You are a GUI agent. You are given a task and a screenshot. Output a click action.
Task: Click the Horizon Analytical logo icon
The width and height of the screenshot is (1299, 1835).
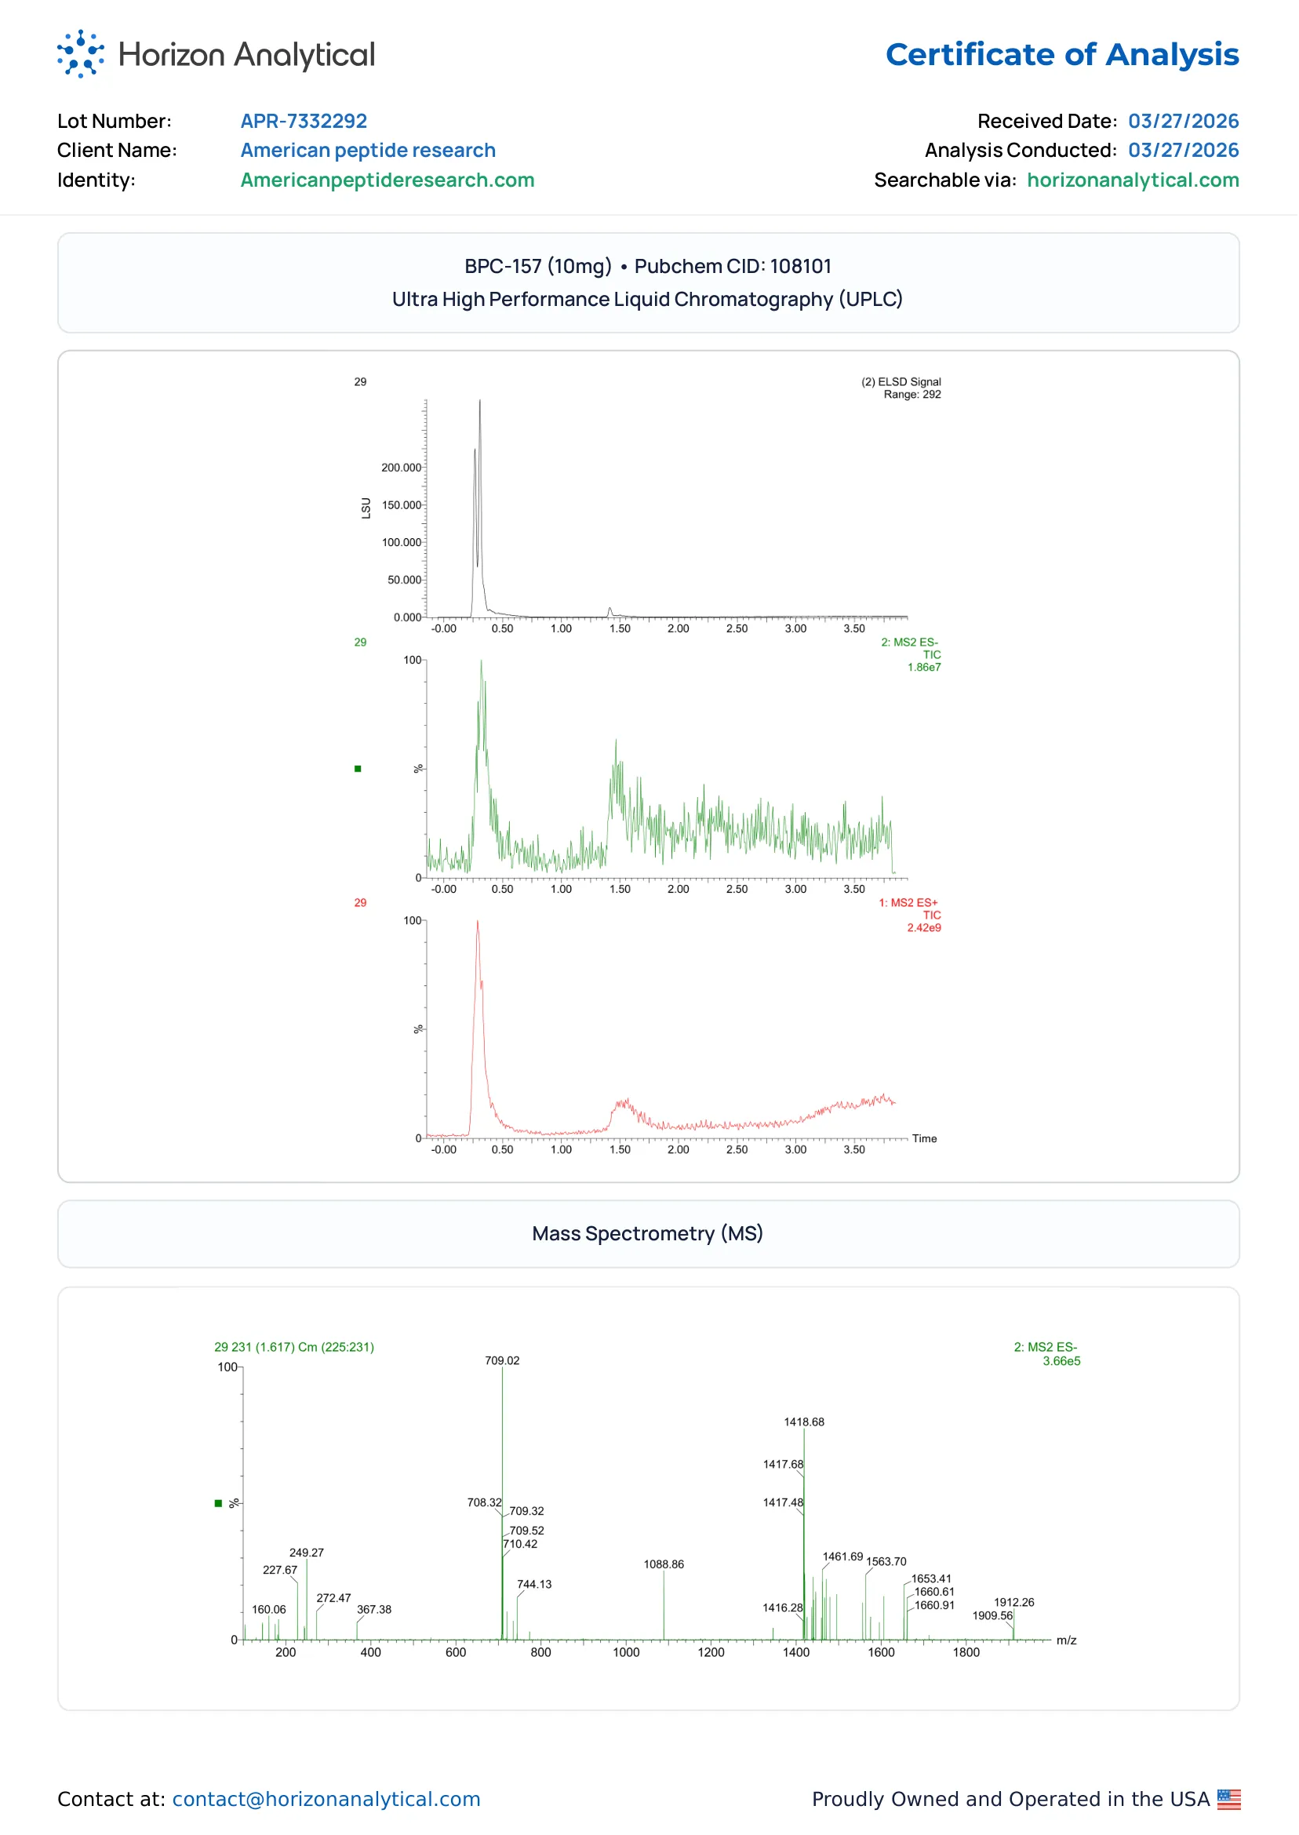click(81, 54)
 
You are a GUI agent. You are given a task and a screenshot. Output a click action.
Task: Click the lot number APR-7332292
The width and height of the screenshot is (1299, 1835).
click(304, 121)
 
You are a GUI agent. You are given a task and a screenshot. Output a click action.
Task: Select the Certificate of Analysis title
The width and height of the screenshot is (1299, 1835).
click(1062, 54)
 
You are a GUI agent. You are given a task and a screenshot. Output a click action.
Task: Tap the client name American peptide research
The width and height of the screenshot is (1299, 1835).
click(368, 151)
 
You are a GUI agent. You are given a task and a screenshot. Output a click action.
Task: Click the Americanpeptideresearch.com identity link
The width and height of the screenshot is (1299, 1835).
click(388, 180)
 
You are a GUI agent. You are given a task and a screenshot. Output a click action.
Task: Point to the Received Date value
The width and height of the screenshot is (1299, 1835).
click(1184, 121)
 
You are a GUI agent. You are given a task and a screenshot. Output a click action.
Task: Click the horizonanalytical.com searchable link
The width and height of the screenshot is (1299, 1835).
click(1133, 180)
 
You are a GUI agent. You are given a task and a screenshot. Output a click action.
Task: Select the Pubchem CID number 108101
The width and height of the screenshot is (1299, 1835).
click(801, 267)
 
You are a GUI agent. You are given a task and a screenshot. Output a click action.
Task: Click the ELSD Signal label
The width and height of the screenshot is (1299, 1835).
click(901, 381)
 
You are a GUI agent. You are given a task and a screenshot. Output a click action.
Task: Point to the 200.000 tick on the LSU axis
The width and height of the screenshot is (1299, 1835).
click(402, 468)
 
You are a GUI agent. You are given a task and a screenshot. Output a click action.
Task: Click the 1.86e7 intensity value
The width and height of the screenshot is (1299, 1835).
click(925, 667)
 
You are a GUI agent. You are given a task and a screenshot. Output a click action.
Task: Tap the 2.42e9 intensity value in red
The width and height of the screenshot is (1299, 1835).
click(925, 928)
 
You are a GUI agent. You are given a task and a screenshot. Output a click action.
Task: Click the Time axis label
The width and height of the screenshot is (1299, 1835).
click(925, 1139)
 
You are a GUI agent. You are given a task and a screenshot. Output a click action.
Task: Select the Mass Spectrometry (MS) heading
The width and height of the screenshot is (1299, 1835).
click(648, 1234)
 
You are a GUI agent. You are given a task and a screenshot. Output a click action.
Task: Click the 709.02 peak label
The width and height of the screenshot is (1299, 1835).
click(502, 1360)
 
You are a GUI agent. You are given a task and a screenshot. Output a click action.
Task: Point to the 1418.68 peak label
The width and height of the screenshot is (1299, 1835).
click(805, 1422)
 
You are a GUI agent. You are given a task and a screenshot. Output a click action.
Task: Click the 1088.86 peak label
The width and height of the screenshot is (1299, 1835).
click(664, 1564)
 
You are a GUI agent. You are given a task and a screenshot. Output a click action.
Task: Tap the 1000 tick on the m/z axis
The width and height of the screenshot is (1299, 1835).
click(626, 1653)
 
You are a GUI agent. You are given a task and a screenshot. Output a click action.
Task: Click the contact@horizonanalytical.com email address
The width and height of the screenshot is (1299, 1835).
click(326, 1799)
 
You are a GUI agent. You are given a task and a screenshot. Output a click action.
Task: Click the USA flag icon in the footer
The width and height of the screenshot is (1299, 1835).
click(1229, 1799)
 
